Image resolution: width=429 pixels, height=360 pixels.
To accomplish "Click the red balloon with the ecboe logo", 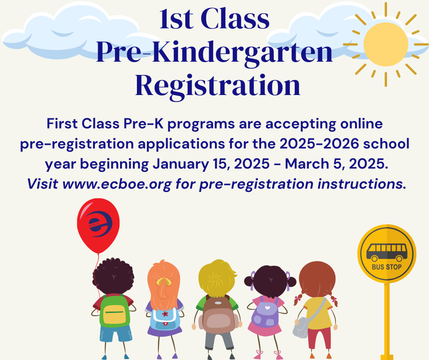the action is [98, 226].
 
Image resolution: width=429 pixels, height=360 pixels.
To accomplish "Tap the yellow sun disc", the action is [386, 44].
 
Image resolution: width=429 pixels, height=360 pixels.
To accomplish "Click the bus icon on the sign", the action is [387, 252].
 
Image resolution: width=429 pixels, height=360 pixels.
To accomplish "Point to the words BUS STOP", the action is [387, 267].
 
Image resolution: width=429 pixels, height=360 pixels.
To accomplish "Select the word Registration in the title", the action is [218, 86].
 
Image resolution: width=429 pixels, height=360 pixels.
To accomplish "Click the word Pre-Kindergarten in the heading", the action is [214, 53].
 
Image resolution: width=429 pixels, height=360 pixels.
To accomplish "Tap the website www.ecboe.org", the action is [117, 184].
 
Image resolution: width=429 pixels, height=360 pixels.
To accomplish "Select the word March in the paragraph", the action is [307, 164].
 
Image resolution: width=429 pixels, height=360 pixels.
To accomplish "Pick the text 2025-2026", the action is [319, 144].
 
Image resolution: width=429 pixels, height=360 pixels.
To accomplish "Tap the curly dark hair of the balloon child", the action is [113, 276].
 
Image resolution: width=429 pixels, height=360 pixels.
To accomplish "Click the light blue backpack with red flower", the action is [165, 318].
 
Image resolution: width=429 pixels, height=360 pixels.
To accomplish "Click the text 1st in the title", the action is [176, 19].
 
